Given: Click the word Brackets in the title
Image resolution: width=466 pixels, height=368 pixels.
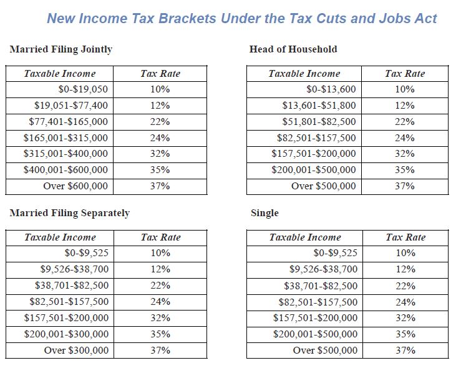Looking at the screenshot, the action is click(x=187, y=19).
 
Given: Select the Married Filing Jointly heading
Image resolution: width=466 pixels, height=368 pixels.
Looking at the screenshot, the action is click(x=61, y=49).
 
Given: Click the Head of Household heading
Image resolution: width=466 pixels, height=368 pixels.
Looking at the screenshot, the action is click(x=293, y=49).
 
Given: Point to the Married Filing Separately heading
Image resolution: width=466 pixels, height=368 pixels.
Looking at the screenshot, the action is click(x=69, y=213).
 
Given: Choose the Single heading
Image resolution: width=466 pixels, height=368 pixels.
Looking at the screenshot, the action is click(x=265, y=213).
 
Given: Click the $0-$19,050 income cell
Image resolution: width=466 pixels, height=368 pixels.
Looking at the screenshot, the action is click(x=83, y=89).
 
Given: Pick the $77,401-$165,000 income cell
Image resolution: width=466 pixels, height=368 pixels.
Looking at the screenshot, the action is click(x=69, y=122).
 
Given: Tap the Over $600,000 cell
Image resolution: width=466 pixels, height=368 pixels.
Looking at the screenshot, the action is click(x=75, y=186).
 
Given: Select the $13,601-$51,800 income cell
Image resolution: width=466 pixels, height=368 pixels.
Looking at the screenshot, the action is click(x=319, y=106).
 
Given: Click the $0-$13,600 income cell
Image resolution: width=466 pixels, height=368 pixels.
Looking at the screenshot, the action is click(x=331, y=89).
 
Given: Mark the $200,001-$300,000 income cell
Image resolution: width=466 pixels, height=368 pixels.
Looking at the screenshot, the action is click(x=66, y=334).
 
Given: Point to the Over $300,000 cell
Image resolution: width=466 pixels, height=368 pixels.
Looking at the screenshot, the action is click(x=76, y=351).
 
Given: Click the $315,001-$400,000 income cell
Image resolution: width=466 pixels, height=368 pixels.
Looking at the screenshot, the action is click(x=66, y=154).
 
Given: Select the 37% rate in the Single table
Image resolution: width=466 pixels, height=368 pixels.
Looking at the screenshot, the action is click(x=405, y=351).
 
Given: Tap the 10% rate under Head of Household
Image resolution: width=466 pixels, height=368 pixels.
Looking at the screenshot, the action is click(x=405, y=89).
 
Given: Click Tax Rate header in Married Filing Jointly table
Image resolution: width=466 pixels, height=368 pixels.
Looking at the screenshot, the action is click(x=160, y=74).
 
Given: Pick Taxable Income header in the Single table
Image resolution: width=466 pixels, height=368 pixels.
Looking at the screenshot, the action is click(x=305, y=237).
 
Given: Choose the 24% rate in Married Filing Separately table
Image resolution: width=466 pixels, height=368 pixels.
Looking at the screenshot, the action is click(x=160, y=302).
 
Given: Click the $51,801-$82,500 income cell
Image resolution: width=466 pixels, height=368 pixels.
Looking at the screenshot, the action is click(x=319, y=122).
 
